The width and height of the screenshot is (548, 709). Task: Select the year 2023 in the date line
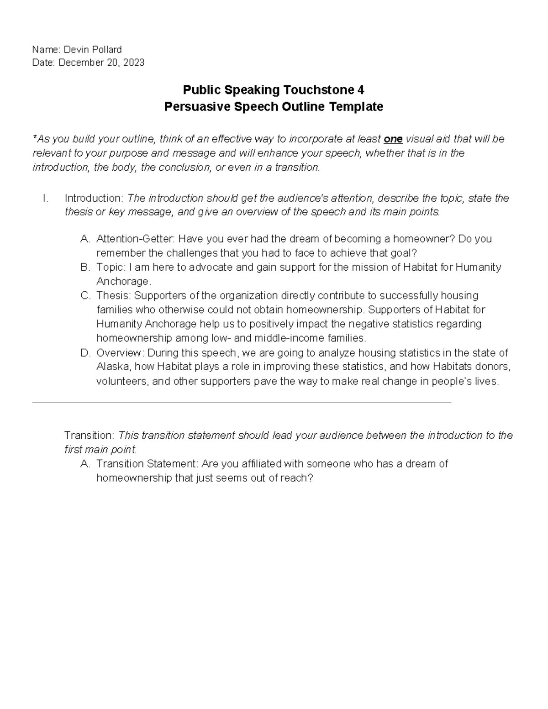coord(133,63)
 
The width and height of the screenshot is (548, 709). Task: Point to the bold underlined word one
coord(393,139)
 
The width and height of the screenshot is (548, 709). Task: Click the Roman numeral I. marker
coord(45,198)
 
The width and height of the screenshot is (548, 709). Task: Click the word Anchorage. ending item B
coord(124,281)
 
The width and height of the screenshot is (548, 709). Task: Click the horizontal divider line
coord(242,403)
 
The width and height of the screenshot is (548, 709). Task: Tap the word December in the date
coord(81,63)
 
